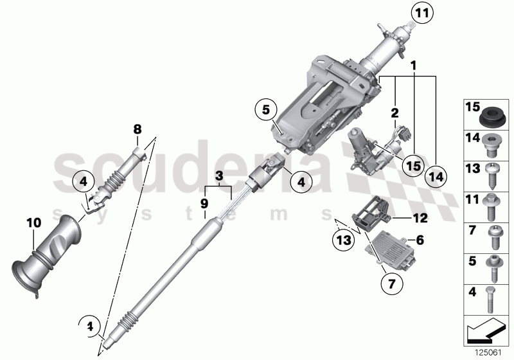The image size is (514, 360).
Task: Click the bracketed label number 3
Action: (x=219, y=175)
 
